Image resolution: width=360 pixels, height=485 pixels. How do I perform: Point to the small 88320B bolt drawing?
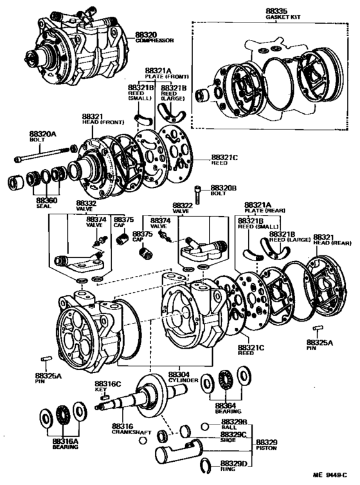197,192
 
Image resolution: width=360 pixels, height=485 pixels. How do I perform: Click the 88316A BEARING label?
65,443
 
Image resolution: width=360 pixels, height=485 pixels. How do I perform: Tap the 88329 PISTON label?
267,446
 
